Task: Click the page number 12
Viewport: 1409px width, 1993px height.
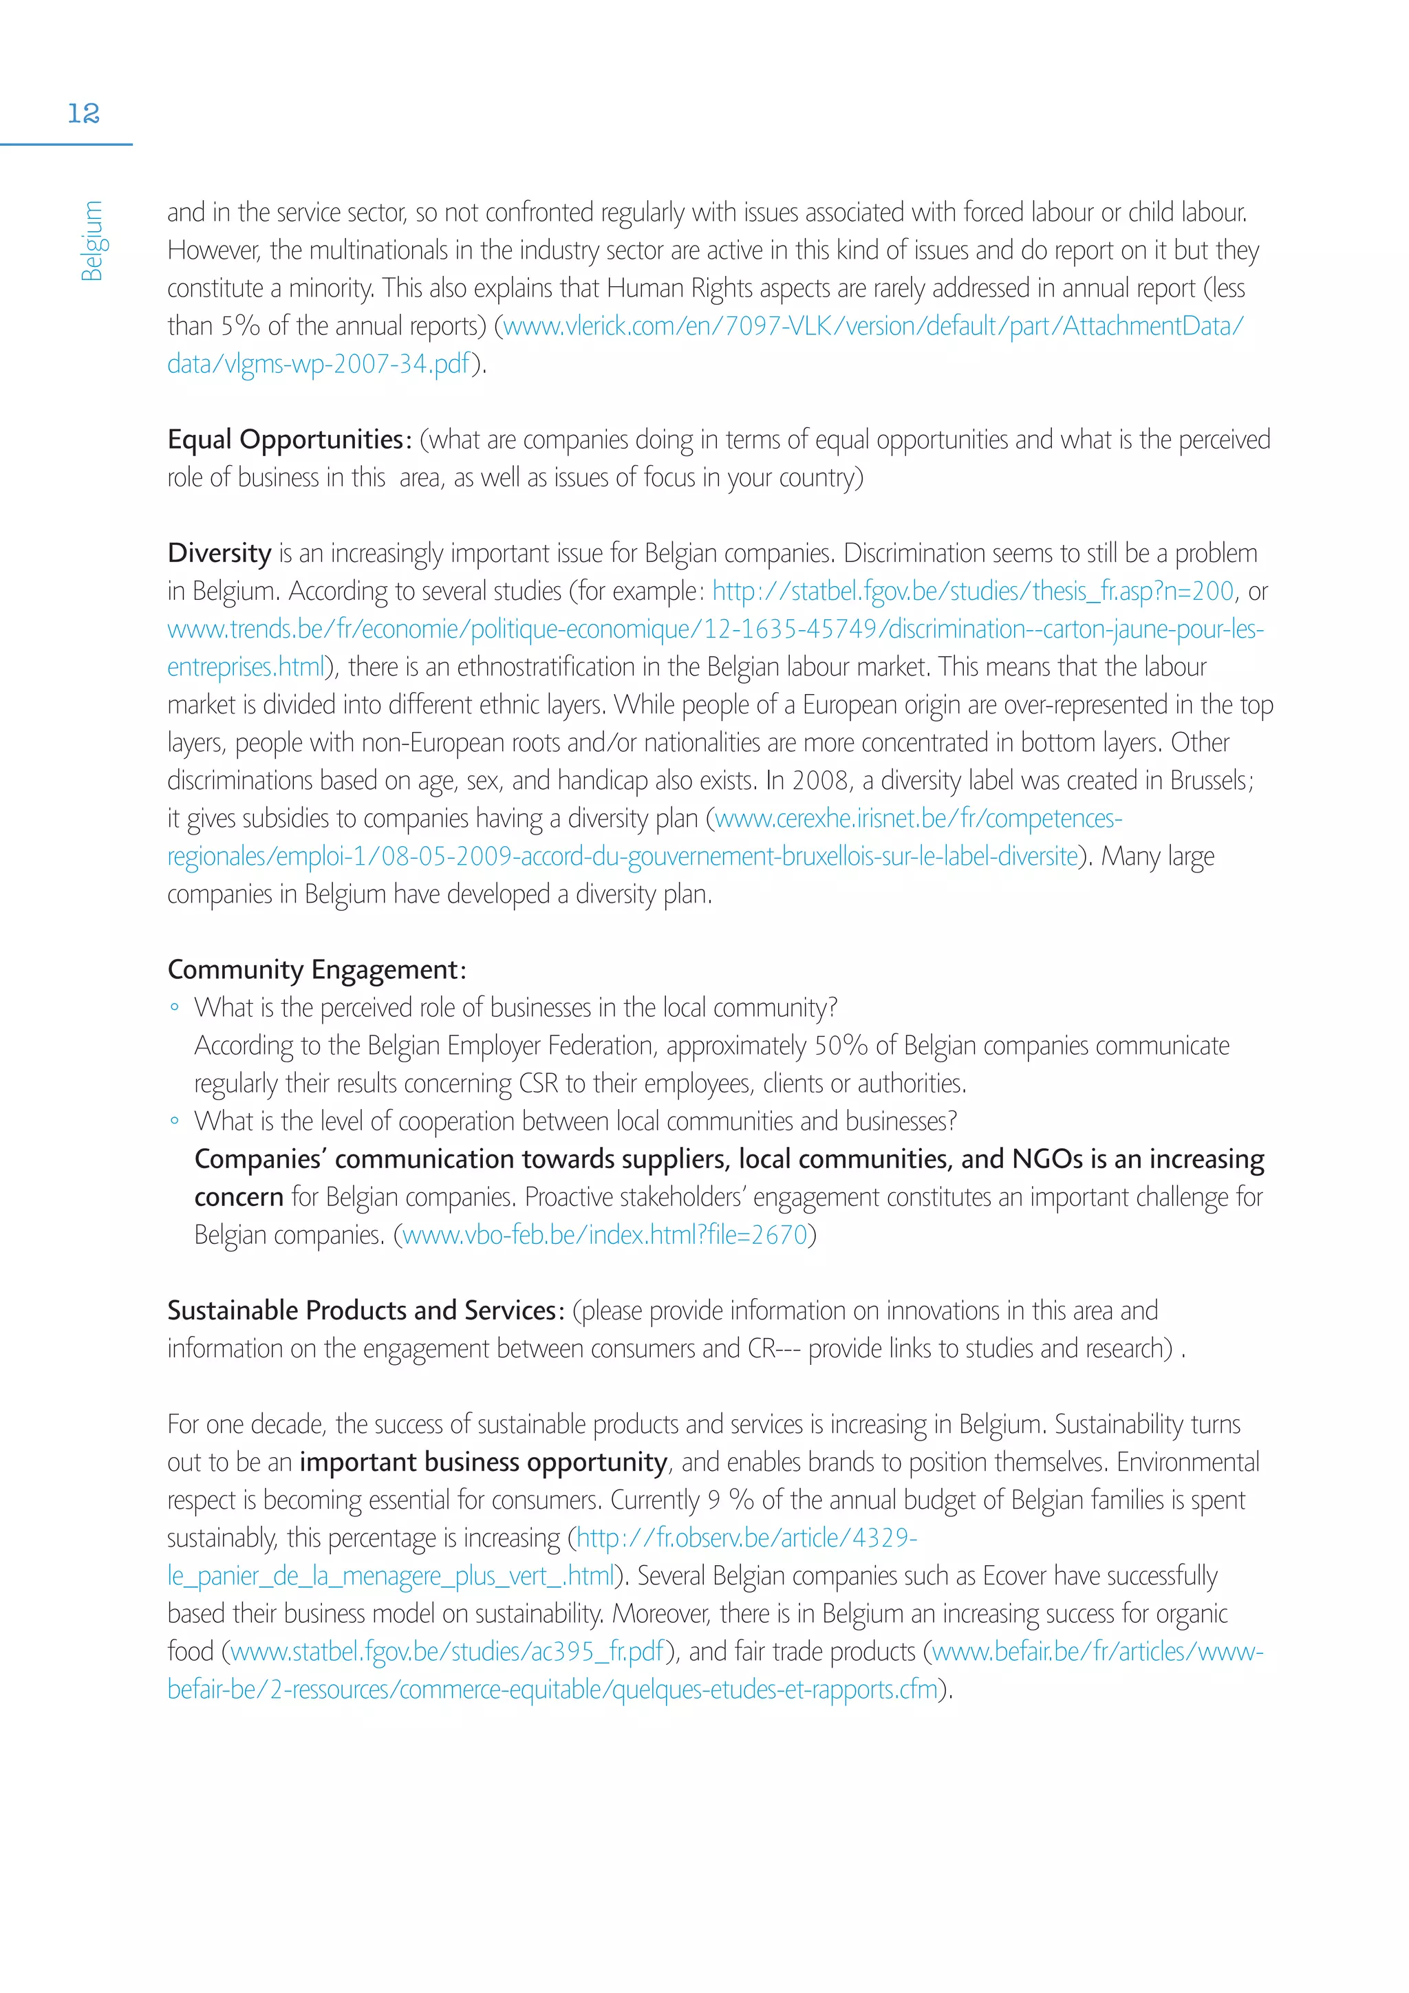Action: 83,113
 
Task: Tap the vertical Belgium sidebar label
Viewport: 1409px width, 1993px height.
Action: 92,241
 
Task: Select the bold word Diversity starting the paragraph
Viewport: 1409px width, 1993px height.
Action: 219,553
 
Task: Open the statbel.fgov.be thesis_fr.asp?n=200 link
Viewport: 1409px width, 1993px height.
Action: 972,591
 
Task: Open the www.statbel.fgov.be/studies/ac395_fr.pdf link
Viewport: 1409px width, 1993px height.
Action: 448,1651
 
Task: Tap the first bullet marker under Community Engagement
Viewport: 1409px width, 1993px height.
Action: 175,1008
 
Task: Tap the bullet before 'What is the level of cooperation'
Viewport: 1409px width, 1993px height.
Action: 175,1121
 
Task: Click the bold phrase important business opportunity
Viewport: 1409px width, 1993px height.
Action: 484,1462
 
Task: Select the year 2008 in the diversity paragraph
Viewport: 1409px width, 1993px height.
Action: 819,780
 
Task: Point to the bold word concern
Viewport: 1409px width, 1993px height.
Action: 239,1197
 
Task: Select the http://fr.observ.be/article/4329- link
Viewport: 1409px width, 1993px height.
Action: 746,1538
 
